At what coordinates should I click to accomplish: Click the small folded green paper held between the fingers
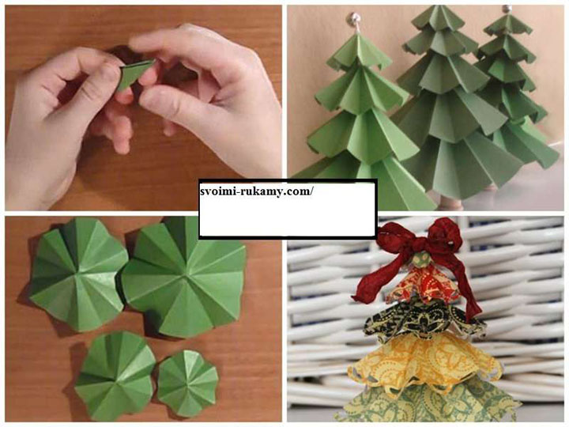pos(131,75)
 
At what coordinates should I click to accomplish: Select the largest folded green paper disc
pos(184,278)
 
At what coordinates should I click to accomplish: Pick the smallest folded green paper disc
pos(187,383)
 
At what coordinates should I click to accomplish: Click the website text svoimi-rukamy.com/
pos(256,191)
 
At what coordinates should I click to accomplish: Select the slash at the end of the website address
pos(310,191)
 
